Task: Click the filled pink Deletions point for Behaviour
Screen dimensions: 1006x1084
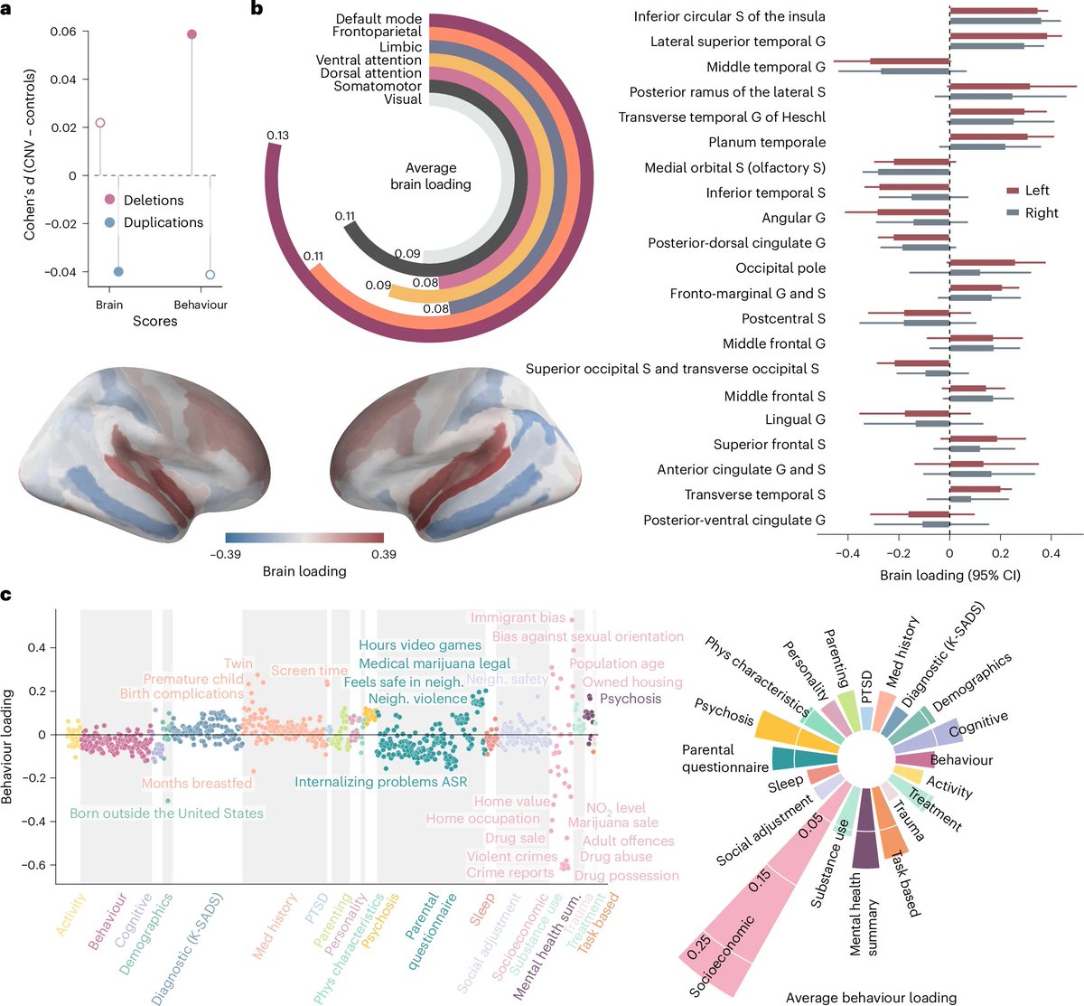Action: pos(192,34)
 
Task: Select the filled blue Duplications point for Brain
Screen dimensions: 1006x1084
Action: pos(118,271)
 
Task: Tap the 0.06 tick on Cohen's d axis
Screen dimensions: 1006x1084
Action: pos(63,32)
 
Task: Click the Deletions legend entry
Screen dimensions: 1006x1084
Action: pos(153,200)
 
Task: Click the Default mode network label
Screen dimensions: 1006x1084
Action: pos(378,19)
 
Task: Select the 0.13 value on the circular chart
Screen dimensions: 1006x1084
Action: pos(277,136)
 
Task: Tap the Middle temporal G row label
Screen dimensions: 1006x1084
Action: pos(765,67)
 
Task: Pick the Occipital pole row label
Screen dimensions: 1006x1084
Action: pos(780,268)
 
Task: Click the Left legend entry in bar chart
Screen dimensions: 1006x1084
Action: pos(1036,191)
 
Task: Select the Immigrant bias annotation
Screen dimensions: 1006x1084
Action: pos(517,617)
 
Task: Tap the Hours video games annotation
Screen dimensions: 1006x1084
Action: pos(419,645)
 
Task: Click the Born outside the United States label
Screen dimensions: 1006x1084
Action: pos(166,813)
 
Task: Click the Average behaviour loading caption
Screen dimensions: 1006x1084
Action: pos(871,998)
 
